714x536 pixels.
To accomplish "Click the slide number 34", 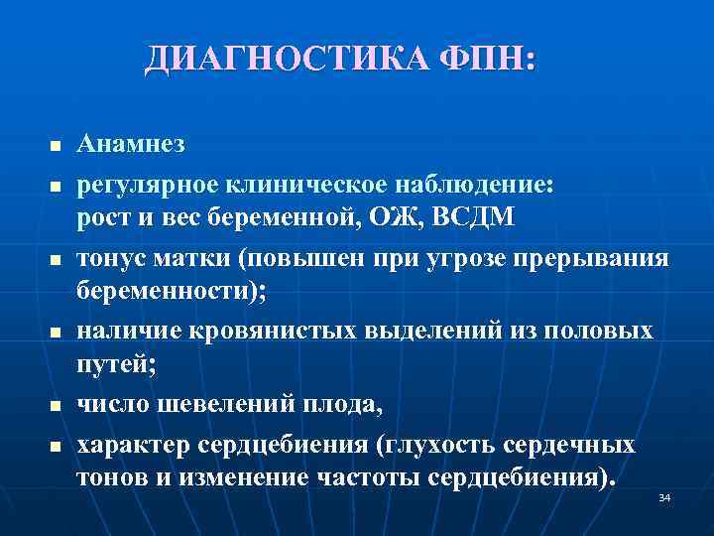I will click(x=664, y=496).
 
